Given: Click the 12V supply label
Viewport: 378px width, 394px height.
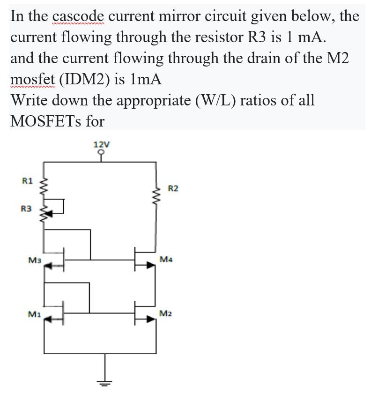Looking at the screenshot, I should pos(101,144).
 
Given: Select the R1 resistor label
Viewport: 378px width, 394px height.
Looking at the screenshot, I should pos(28,180).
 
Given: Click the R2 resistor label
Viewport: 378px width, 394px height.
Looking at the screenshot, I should pos(173,189).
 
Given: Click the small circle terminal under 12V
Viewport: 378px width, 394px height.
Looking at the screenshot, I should pos(101,152).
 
